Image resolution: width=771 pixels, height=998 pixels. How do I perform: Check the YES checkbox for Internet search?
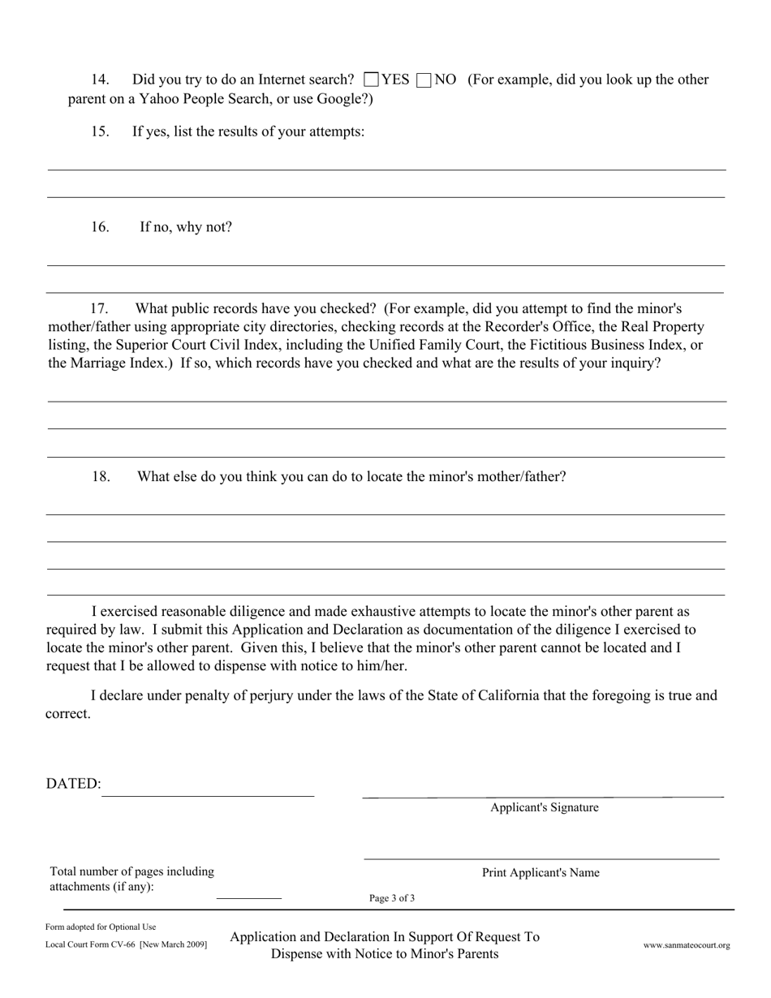click(x=372, y=80)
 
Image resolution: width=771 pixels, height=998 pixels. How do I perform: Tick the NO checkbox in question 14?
click(x=423, y=80)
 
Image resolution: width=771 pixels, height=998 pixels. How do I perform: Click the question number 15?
click(x=101, y=131)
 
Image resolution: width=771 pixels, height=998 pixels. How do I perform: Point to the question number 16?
click(x=101, y=226)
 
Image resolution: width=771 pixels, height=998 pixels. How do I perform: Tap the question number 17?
click(x=99, y=308)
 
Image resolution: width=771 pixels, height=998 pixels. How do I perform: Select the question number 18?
click(x=101, y=476)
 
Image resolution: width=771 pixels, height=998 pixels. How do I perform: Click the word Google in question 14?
click(x=343, y=98)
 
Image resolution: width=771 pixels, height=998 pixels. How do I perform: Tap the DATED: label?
click(x=74, y=783)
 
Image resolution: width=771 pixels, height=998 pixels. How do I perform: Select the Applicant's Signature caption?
click(x=545, y=807)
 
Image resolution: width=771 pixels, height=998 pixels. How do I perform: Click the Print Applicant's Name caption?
click(x=541, y=873)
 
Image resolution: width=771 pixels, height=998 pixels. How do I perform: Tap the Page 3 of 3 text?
click(x=392, y=898)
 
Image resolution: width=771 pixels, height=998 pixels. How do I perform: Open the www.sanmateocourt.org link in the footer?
click(x=687, y=945)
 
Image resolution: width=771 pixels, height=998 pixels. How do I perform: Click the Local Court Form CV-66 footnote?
click(x=127, y=944)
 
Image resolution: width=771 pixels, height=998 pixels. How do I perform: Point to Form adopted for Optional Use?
click(x=101, y=927)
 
